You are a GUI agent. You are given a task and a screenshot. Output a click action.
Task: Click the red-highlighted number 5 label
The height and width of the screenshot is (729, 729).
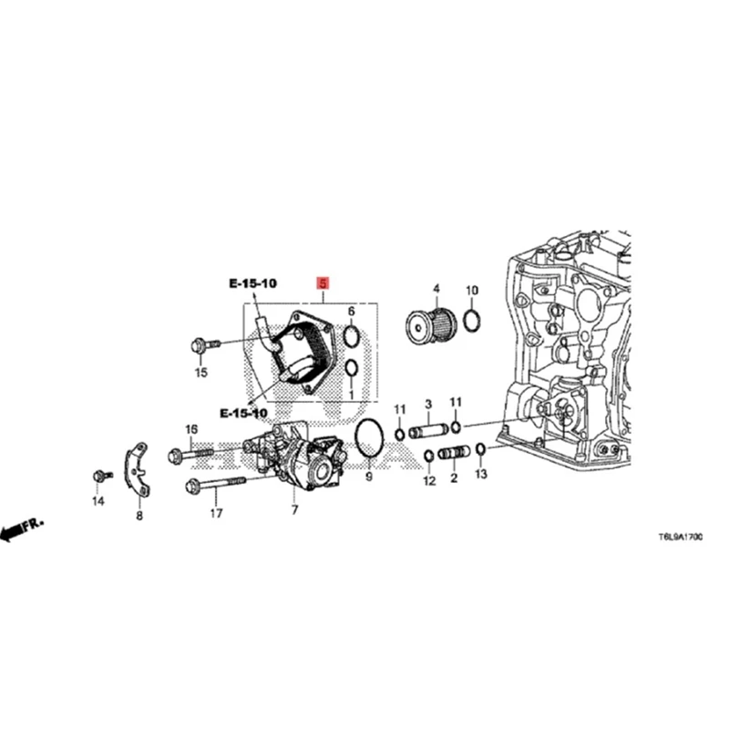tap(322, 283)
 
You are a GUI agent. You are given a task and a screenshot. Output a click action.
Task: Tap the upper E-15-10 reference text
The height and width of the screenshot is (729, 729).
tap(252, 284)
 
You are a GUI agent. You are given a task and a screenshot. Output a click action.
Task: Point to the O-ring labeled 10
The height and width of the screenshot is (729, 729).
tap(472, 320)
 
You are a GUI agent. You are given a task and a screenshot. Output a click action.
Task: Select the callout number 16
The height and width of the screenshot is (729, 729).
tap(191, 429)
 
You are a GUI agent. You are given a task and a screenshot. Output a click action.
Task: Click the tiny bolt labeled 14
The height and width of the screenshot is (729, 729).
tap(102, 476)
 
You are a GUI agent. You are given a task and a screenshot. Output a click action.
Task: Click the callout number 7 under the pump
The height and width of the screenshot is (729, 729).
tap(294, 509)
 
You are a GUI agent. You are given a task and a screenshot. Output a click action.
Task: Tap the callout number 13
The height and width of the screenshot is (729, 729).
tap(481, 475)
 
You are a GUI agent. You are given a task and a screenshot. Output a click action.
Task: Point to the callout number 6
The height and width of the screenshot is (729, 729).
tap(351, 311)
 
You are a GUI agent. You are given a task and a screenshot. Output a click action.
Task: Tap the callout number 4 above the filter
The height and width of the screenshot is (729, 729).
tap(436, 291)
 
